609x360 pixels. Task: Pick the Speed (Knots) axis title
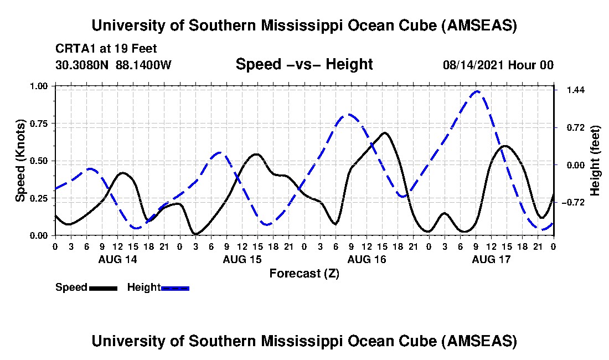[x=20, y=161]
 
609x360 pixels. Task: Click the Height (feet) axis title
[x=595, y=161]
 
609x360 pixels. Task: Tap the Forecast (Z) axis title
[x=304, y=273]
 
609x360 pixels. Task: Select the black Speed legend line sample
[x=103, y=287]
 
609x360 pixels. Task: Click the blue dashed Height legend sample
[x=175, y=287]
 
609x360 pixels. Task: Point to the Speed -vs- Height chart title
[x=304, y=64]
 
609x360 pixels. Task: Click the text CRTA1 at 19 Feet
[x=99, y=48]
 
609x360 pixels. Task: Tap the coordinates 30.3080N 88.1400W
[x=113, y=65]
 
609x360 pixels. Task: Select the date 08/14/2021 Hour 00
[x=498, y=65]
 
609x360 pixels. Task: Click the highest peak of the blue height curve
[x=477, y=91]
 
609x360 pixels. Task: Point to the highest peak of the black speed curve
[x=384, y=133]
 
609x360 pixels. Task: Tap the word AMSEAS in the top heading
[x=483, y=25]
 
